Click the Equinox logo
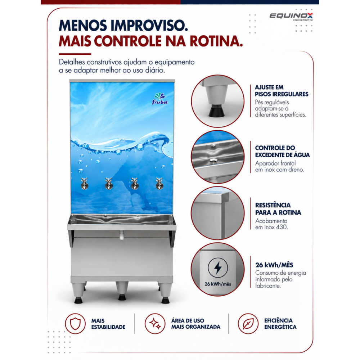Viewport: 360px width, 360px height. click(291, 16)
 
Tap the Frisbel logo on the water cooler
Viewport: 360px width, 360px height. click(160, 99)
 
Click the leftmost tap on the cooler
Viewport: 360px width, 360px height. click(84, 184)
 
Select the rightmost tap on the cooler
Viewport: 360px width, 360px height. click(159, 184)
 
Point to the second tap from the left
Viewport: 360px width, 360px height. click(109, 184)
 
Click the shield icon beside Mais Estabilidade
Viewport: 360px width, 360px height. click(75, 324)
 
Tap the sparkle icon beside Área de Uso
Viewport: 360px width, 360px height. click(155, 324)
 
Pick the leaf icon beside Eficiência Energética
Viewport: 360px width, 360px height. click(248, 324)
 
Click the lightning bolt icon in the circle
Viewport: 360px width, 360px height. click(218, 267)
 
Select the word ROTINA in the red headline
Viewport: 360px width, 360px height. click(216, 41)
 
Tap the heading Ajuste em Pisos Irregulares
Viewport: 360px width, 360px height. click(282, 91)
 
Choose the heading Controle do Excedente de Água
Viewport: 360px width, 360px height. click(282, 151)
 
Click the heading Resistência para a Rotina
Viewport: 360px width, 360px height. click(278, 209)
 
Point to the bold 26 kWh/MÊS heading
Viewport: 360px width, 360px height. click(274, 265)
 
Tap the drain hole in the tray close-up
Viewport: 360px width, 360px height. click(213, 161)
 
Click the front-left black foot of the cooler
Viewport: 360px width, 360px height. click(78, 300)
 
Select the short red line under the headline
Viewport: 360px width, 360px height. click(75, 54)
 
